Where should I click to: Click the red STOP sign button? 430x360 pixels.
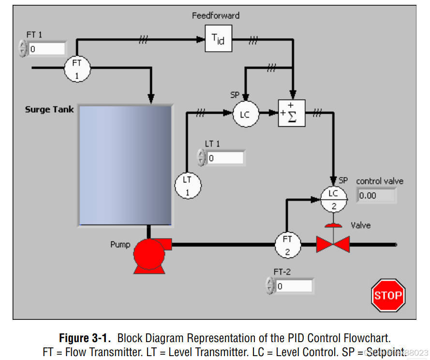[x=388, y=295]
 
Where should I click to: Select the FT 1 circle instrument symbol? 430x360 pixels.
[x=77, y=69]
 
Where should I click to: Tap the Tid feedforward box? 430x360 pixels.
[x=218, y=39]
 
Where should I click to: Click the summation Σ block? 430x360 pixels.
[x=291, y=113]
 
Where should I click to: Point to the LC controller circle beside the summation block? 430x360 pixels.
[x=246, y=114]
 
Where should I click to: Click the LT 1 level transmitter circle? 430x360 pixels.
[x=188, y=185]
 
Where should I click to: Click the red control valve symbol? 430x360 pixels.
[x=333, y=243]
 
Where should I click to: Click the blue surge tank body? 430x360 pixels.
[x=125, y=165]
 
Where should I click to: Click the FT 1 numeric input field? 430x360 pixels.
[x=46, y=49]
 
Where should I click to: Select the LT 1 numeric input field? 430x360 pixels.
[x=225, y=158]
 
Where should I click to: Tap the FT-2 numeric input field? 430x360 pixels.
[x=294, y=286]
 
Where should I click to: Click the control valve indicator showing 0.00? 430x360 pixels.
[x=376, y=195]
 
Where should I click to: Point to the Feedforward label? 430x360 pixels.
[x=216, y=15]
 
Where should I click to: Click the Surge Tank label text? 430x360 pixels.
[x=49, y=109]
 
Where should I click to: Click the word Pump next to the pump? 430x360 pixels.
[x=120, y=244]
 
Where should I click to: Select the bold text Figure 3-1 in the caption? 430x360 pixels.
[x=86, y=338]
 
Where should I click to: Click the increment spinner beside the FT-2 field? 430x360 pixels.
[x=269, y=283]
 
